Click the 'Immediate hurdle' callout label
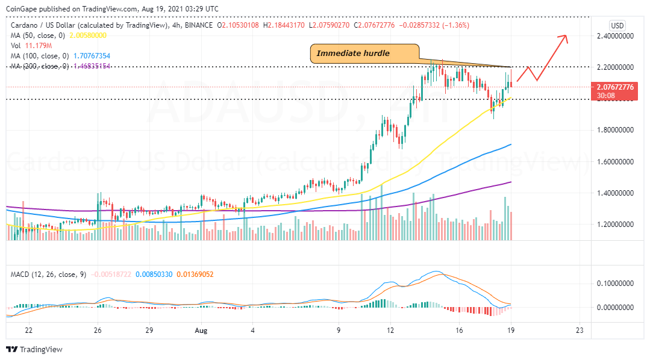click(353, 54)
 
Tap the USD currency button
click(617, 25)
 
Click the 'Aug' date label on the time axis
click(202, 330)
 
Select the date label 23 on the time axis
click(580, 330)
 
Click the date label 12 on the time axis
click(391, 330)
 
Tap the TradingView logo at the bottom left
click(34, 349)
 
